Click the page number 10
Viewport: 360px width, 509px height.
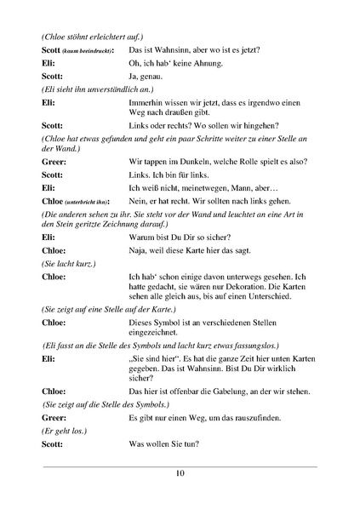[180, 474]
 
